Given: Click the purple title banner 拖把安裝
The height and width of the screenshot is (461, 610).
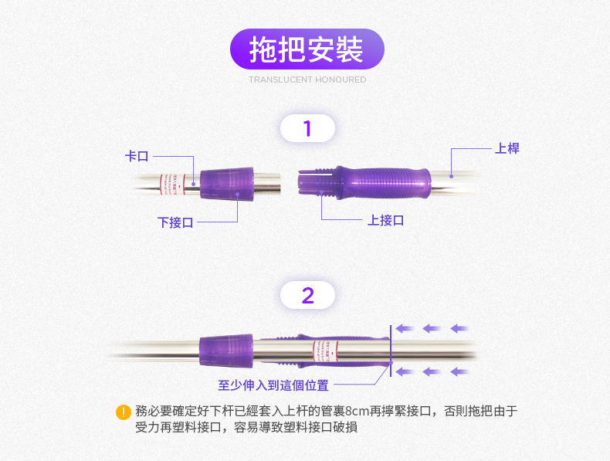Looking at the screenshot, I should pos(307,49).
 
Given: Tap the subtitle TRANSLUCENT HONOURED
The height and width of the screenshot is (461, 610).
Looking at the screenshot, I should pos(307,80).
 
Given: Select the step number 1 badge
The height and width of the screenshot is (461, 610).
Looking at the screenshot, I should pos(307,128).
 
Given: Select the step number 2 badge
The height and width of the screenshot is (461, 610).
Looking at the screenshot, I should pos(307,295).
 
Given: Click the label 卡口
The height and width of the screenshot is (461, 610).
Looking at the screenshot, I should pos(137,156).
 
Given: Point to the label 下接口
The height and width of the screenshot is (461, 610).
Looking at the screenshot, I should pos(175,222).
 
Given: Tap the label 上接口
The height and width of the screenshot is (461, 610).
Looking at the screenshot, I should pos(385,220).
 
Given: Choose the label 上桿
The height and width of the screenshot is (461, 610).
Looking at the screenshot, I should pos(507,148).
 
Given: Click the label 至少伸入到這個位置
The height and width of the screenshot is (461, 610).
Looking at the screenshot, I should pos(273,385).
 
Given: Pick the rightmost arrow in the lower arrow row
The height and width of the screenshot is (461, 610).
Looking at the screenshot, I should pos(459,371).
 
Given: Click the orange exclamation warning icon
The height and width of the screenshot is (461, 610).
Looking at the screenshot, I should pos(122,412).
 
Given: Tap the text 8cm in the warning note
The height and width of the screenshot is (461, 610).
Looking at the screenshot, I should pos(358,411).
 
